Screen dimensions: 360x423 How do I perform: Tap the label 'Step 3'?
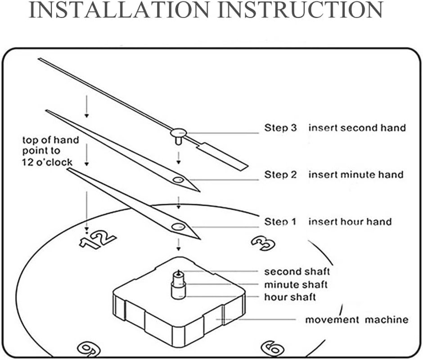[280, 128]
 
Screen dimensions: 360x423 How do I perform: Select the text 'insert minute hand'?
[355, 174]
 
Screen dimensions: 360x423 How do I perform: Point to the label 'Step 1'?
[280, 221]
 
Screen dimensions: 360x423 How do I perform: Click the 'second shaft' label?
[297, 271]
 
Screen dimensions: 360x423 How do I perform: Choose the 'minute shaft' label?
[296, 284]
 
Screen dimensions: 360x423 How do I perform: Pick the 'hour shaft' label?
[290, 297]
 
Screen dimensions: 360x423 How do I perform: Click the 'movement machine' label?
[356, 320]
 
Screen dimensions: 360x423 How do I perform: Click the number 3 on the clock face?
[263, 243]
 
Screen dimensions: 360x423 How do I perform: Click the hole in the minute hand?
[178, 180]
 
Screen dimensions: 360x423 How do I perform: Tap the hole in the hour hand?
[177, 227]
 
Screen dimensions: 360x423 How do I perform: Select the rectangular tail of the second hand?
[224, 156]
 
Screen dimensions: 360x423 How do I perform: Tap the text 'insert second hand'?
[356, 128]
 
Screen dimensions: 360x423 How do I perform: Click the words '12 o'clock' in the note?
[47, 162]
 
